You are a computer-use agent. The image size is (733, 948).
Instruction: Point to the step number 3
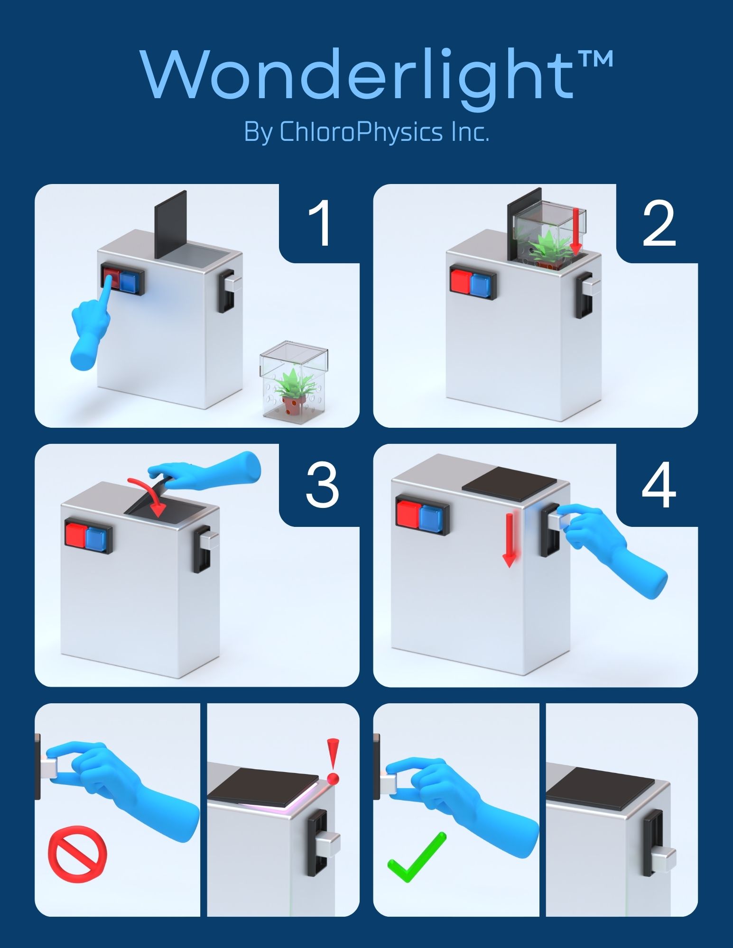pos(322,484)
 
